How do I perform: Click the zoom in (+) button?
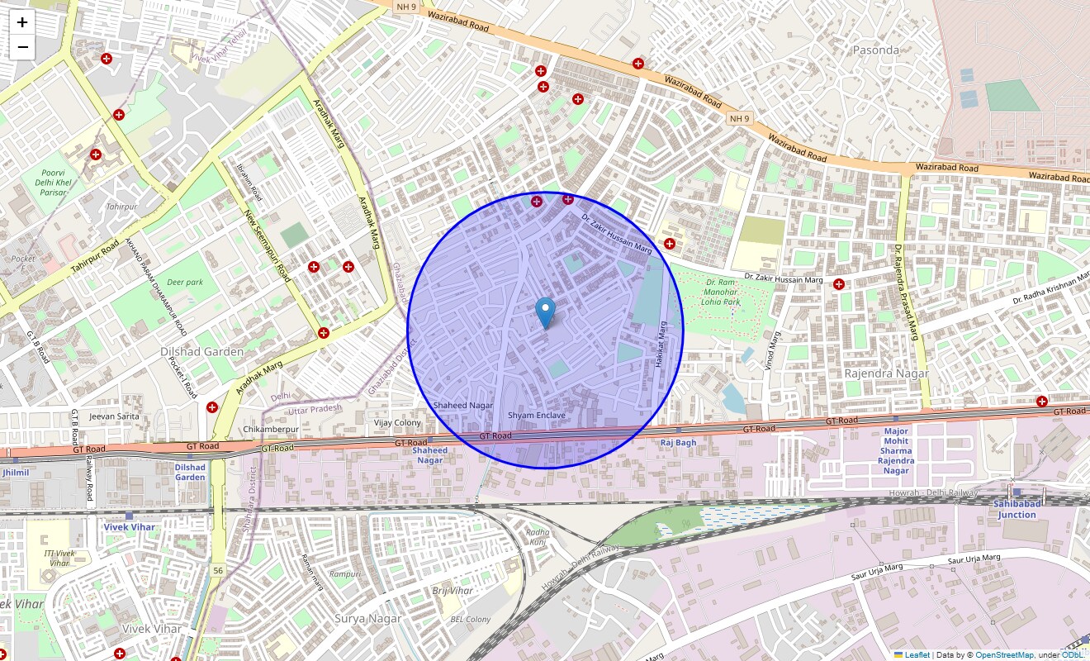22,22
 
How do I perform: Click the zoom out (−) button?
22,47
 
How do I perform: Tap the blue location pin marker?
545,312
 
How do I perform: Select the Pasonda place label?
875,50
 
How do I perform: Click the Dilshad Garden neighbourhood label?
201,352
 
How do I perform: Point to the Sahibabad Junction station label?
1016,509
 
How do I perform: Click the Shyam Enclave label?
537,415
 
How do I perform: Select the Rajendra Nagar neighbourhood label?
887,373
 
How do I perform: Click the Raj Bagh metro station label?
678,443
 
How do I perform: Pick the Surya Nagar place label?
368,618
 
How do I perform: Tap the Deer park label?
184,282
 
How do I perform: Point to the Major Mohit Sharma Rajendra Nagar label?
896,451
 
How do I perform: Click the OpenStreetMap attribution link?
1004,655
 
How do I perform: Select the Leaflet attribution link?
917,655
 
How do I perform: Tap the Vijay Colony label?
397,423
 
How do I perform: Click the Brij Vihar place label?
453,591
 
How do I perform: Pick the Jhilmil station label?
15,473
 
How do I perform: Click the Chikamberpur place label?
271,430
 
